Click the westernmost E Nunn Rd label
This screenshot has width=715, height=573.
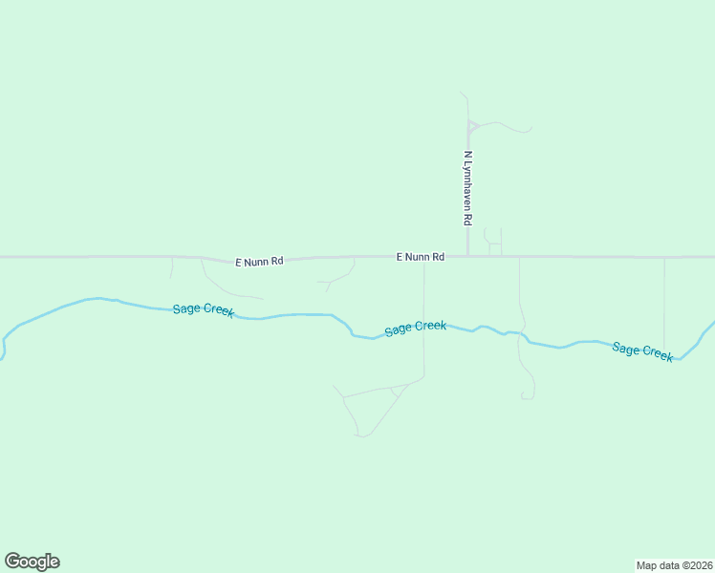[x=259, y=261]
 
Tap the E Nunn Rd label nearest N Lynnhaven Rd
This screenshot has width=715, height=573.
[x=421, y=257]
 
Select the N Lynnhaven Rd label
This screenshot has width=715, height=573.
[x=467, y=187]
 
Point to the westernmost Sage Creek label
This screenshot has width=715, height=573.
[x=204, y=310]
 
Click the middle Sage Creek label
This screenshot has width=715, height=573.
[x=415, y=328]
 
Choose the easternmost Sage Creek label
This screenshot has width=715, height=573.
[x=642, y=350]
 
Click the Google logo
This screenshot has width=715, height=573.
[x=32, y=562]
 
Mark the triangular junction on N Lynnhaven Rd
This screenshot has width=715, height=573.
[x=471, y=126]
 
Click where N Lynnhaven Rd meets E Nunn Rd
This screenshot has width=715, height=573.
[x=467, y=256]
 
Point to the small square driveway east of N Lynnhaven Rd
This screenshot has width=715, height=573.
[x=495, y=248]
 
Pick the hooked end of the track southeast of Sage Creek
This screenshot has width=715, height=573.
[x=526, y=397]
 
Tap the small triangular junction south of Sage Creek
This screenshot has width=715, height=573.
[x=396, y=392]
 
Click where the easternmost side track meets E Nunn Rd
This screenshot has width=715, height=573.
[x=664, y=257]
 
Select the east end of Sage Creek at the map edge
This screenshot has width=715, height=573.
[x=712, y=323]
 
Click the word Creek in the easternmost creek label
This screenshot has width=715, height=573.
[x=658, y=353]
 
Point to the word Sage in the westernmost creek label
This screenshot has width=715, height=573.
[x=186, y=308]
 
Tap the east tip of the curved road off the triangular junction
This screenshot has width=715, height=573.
[x=531, y=130]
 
